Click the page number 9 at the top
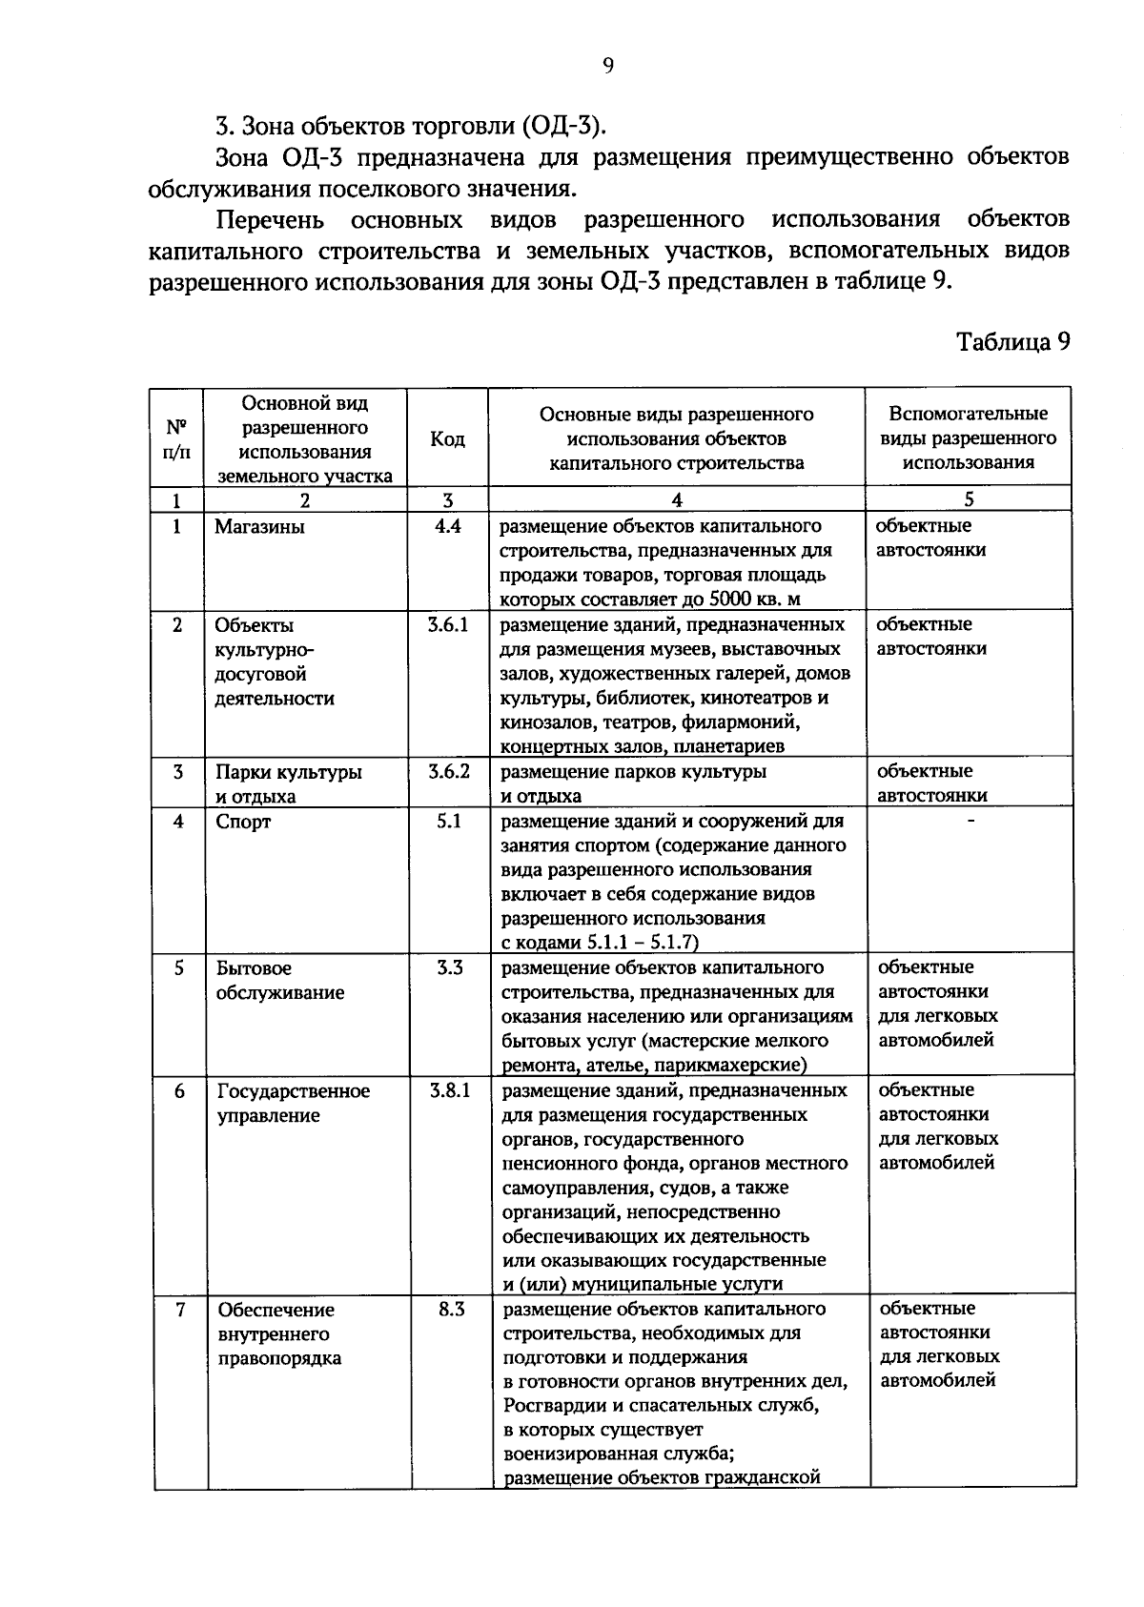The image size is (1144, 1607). tap(608, 65)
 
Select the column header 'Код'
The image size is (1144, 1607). tap(447, 438)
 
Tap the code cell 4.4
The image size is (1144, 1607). tap(447, 526)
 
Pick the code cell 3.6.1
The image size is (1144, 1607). tap(448, 625)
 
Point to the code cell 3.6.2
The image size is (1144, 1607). tap(448, 771)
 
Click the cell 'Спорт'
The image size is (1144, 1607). tap(243, 822)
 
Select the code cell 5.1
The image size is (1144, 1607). tap(448, 821)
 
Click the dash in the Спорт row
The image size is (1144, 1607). tap(970, 821)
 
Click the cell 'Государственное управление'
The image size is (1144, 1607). tap(293, 1103)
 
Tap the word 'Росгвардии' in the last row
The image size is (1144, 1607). tap(550, 1406)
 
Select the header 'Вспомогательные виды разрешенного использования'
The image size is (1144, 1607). tap(968, 438)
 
